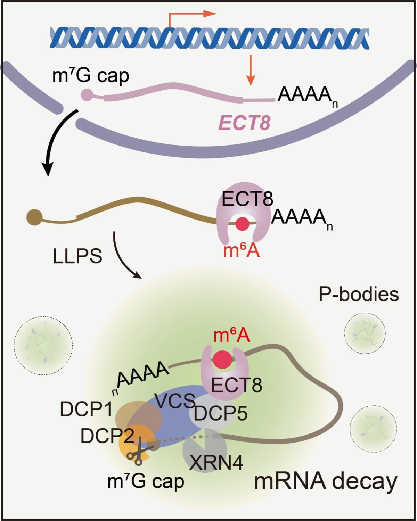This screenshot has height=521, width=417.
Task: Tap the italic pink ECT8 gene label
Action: tap(245, 123)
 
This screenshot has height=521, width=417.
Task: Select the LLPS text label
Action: tap(77, 256)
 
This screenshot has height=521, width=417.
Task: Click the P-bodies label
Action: tap(359, 295)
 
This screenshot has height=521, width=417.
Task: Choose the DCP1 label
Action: tap(86, 409)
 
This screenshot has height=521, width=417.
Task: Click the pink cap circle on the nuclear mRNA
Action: tap(87, 94)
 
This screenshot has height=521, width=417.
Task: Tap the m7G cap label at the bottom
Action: tap(146, 481)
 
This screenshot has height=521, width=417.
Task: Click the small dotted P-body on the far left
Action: tap(43, 345)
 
